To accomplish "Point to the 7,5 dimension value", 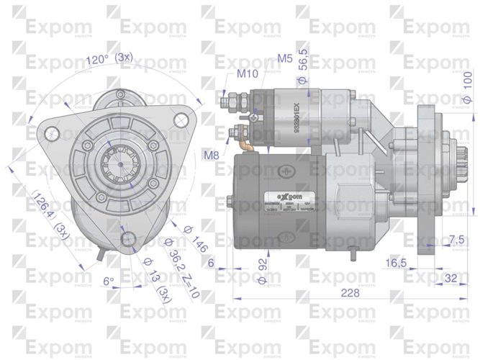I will (456, 239).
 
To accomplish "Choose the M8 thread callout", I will (212, 155).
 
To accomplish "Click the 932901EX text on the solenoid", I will (297, 113).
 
